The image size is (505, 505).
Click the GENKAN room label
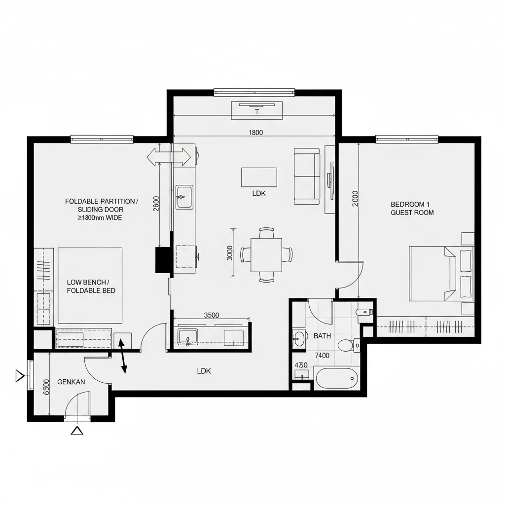click(x=71, y=382)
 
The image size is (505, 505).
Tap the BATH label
click(x=322, y=336)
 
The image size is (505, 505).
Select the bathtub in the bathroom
click(x=336, y=378)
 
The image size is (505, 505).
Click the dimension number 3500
click(x=211, y=315)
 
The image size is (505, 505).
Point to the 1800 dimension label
click(x=256, y=132)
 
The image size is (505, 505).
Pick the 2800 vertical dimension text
click(x=156, y=204)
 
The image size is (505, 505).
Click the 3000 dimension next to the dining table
click(x=230, y=253)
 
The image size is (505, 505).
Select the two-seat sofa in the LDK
click(x=307, y=176)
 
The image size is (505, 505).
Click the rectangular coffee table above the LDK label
click(x=259, y=177)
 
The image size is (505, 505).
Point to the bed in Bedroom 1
click(x=441, y=274)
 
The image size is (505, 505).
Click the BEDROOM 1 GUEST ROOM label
click(x=412, y=209)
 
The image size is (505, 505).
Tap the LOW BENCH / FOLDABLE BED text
click(x=91, y=287)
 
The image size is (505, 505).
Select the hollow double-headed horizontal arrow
click(x=169, y=157)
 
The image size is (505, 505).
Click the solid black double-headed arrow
click(x=122, y=356)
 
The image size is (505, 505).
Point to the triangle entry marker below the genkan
click(x=77, y=431)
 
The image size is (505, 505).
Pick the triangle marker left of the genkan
click(x=20, y=376)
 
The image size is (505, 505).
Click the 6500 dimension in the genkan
click(x=46, y=387)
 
